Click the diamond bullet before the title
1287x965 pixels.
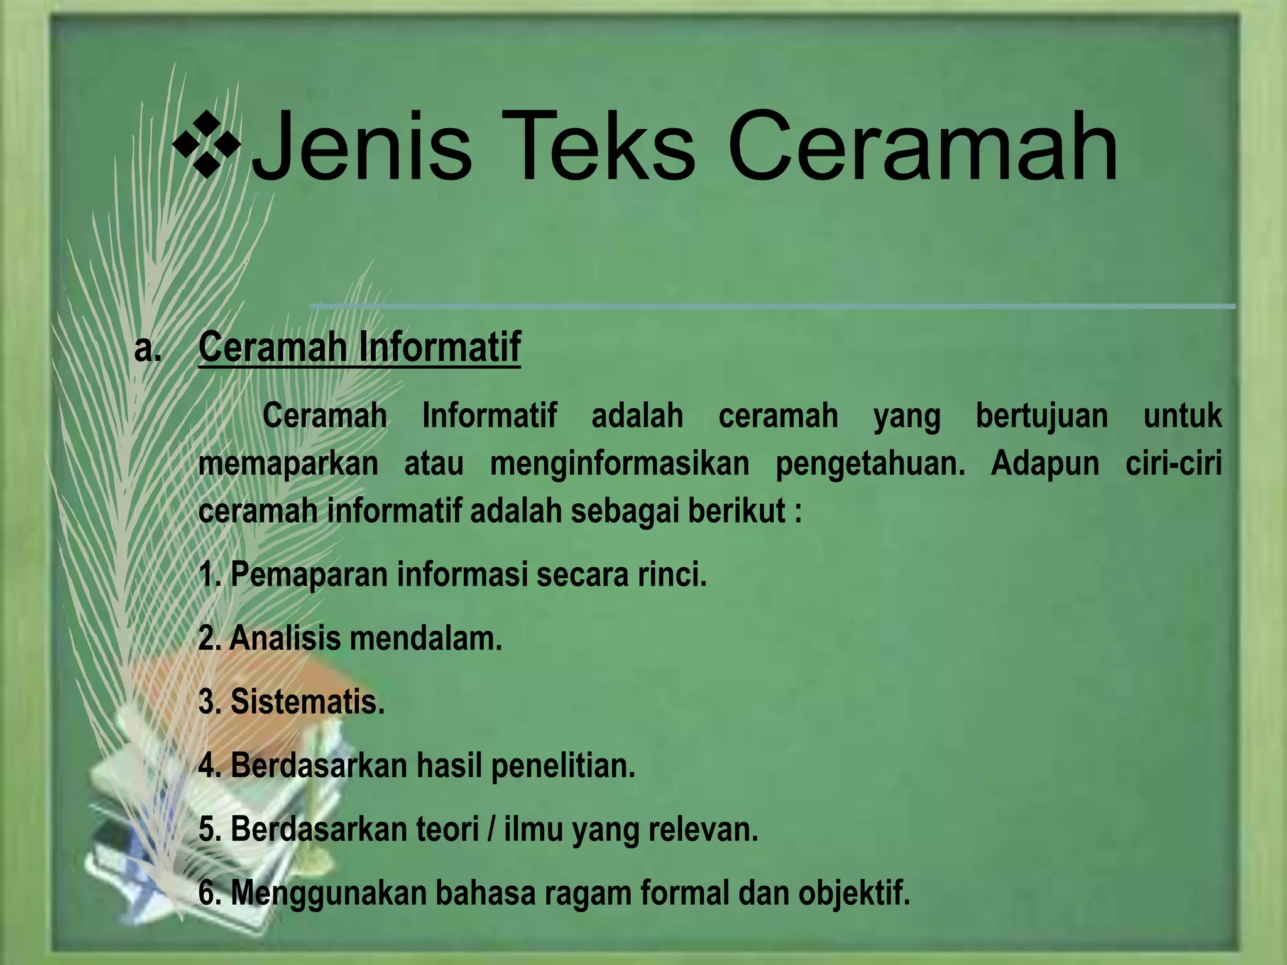click(x=207, y=146)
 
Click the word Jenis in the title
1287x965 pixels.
click(x=361, y=146)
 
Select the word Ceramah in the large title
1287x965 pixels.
click(x=923, y=146)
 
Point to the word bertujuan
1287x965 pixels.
click(x=1041, y=416)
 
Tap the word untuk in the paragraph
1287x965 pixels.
click(x=1182, y=416)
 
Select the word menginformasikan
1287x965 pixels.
click(x=620, y=464)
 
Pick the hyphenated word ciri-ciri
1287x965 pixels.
click(x=1173, y=464)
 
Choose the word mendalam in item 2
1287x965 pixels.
click(x=425, y=638)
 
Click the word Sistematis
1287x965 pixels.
click(x=307, y=702)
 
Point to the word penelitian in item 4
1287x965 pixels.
click(x=563, y=766)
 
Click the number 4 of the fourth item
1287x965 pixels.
click(x=206, y=766)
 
